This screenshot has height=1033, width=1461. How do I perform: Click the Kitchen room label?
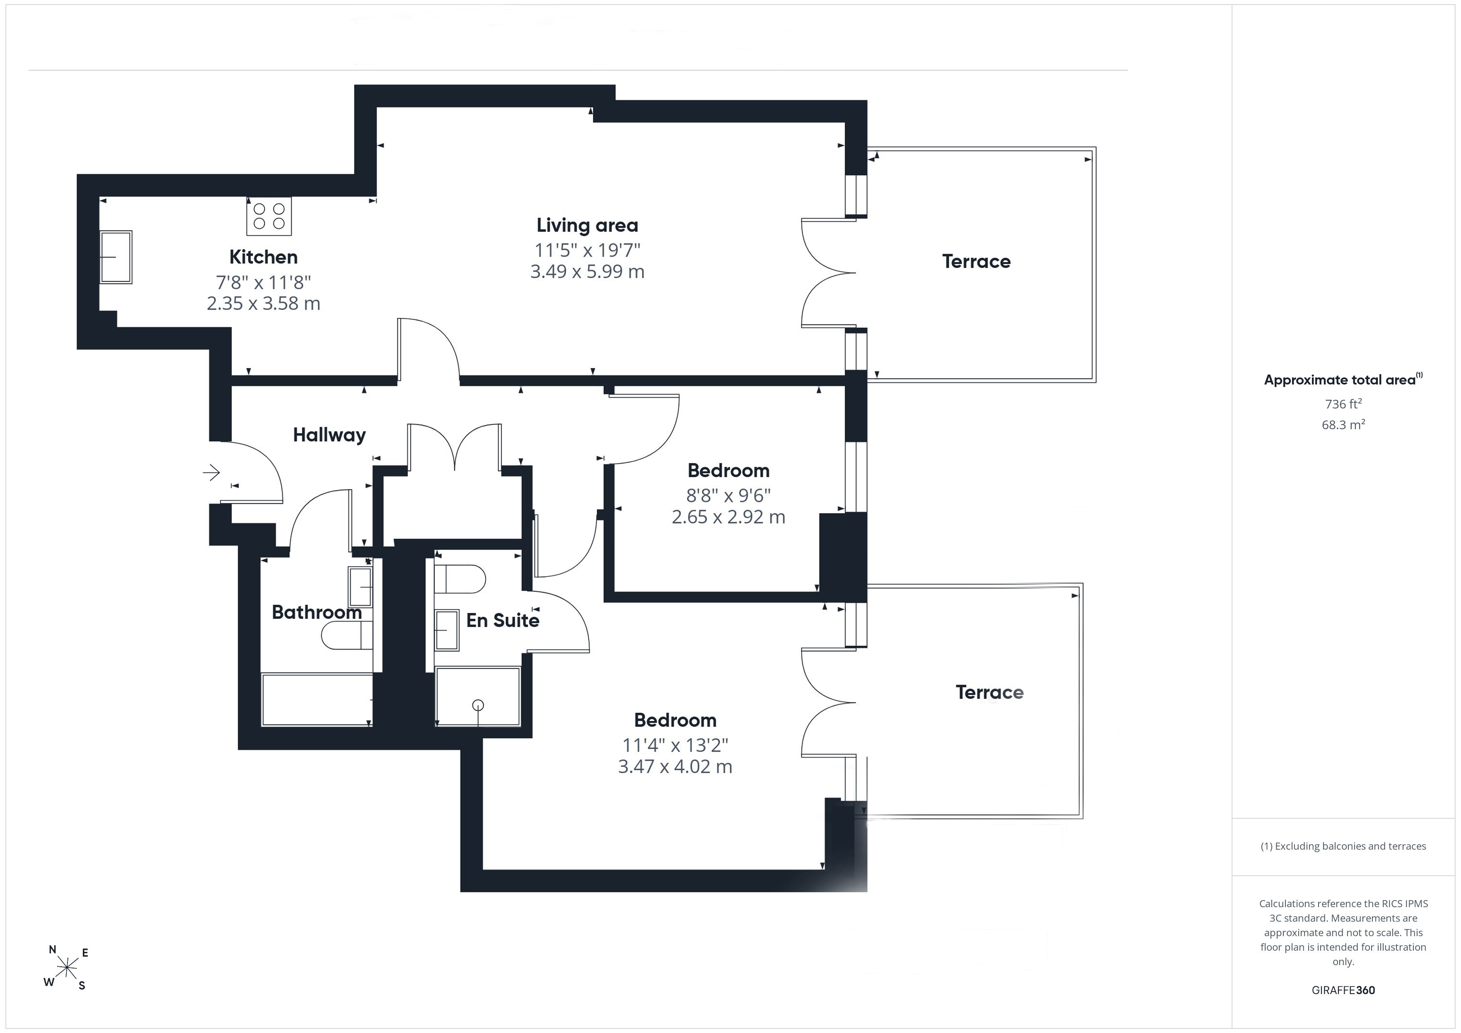(263, 257)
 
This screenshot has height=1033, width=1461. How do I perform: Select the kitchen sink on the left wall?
(116, 257)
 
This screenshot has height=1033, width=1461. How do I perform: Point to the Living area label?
(587, 225)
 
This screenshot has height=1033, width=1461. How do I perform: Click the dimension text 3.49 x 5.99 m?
(587, 271)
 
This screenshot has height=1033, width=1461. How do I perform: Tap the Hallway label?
(329, 435)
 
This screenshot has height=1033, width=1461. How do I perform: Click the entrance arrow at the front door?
(211, 472)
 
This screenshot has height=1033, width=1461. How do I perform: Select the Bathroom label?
(317, 612)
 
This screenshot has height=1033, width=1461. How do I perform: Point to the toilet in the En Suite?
(459, 579)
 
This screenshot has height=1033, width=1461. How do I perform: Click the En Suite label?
(503, 620)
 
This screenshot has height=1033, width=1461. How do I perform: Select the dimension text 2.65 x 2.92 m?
(728, 516)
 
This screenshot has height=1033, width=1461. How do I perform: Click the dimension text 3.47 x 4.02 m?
(675, 766)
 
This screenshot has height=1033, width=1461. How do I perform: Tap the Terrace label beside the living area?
(976, 262)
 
